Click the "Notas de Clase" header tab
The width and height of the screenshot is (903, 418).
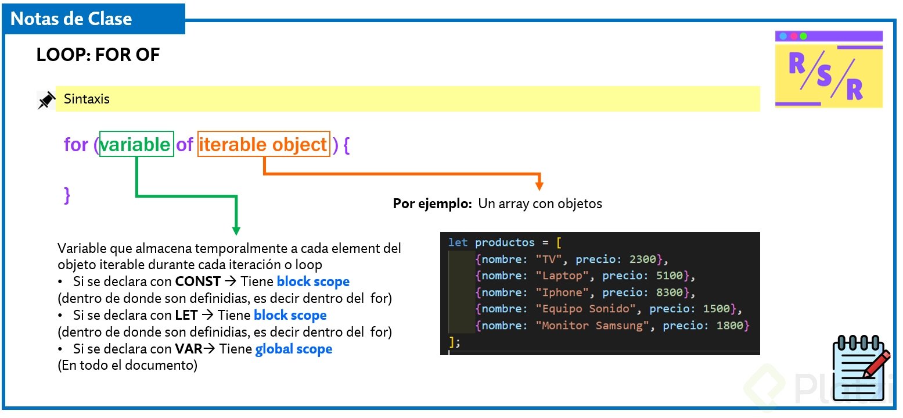[71, 19]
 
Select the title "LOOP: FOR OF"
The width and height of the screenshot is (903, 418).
[98, 55]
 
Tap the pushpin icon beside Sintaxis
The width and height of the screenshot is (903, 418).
[46, 100]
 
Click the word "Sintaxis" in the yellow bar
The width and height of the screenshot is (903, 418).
[87, 99]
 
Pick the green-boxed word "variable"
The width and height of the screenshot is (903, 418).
[136, 144]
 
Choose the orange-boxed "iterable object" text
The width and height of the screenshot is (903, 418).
[263, 144]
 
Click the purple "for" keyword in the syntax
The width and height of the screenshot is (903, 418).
[75, 144]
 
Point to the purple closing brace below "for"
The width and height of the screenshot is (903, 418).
[67, 194]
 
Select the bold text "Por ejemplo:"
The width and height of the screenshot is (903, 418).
[432, 203]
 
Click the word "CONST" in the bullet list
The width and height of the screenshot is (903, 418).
[197, 282]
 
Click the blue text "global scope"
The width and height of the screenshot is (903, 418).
[294, 349]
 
